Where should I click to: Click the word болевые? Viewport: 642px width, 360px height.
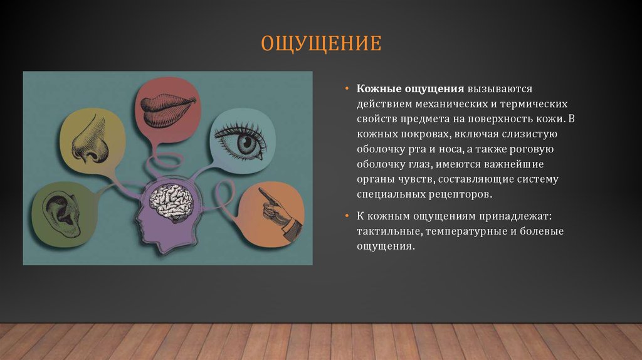pos(544,231)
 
